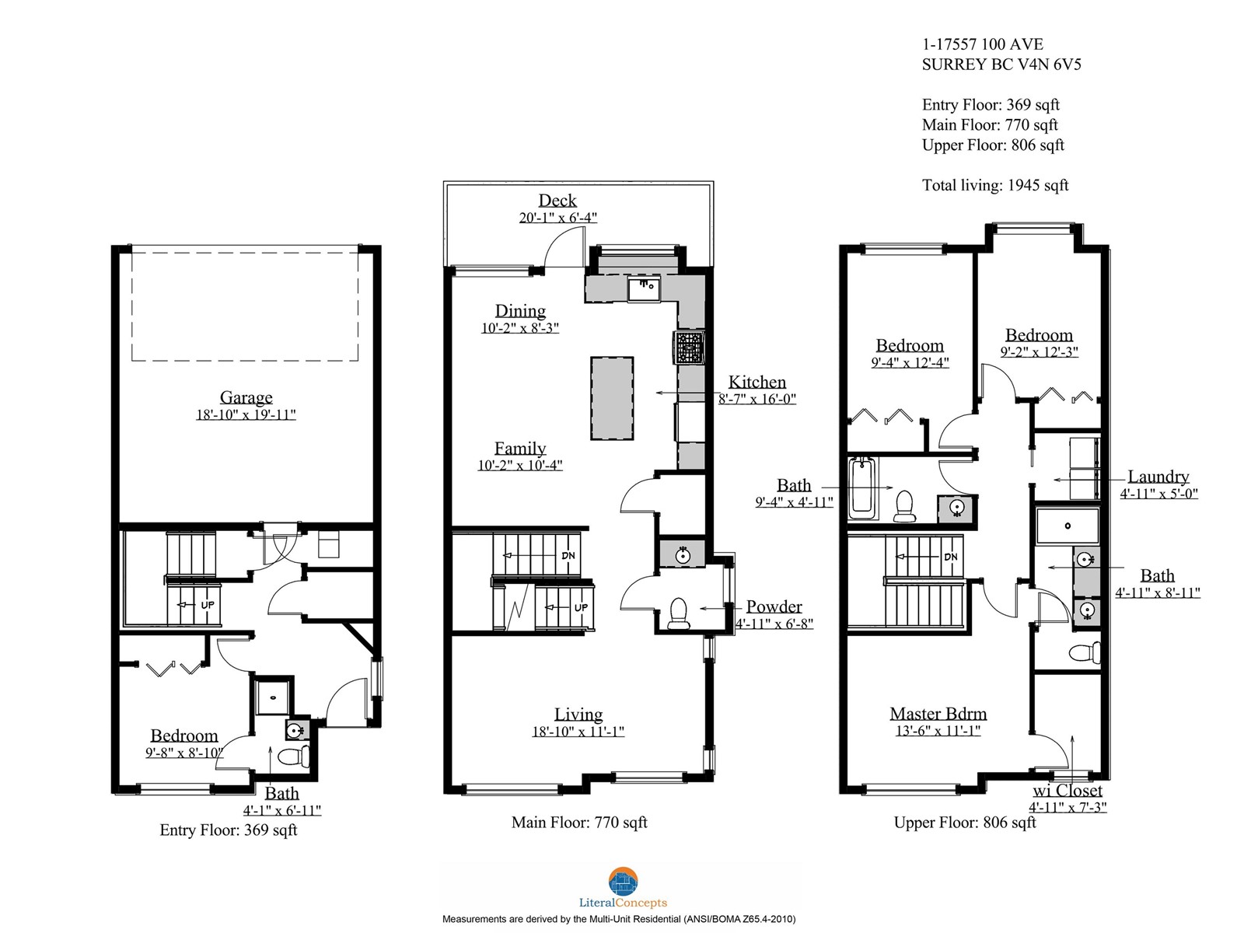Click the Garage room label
pos(246,397)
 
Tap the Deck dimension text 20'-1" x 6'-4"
pos(557,218)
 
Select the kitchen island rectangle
pos(612,397)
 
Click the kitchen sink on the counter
pos(644,288)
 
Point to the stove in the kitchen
pos(689,347)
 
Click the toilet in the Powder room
pos(679,614)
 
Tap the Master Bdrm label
pos(938,713)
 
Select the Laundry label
pos(1158,477)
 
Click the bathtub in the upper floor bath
pos(862,487)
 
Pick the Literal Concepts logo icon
pos(623,882)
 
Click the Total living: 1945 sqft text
pos(995,185)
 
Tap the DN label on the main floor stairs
pos(568,556)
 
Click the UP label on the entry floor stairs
pos(208,604)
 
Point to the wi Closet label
pos(1068,790)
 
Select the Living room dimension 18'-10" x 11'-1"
pos(578,732)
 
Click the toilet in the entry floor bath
pos(295,756)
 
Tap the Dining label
pos(520,311)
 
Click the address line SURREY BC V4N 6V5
pos(1001,65)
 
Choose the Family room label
pos(520,448)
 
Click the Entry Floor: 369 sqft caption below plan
pos(229,830)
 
